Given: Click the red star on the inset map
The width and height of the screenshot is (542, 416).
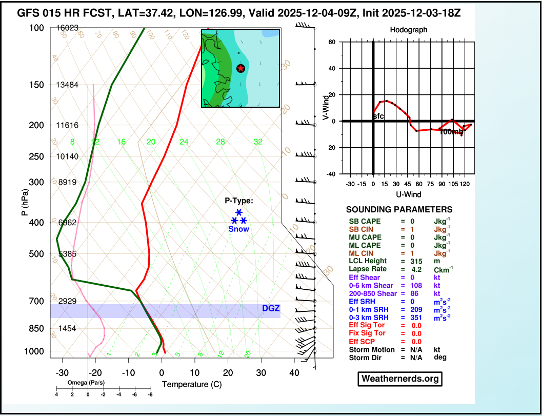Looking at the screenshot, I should click(240, 68).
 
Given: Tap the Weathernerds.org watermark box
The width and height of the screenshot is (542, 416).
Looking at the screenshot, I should click(399, 379).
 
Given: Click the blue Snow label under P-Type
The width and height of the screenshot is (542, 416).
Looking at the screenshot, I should click(239, 229).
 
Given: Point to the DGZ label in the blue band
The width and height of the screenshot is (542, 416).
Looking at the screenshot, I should click(271, 308).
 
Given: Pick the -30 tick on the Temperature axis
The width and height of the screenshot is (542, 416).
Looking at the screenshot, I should click(62, 373).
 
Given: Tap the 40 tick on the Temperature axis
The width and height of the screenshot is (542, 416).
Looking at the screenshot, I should click(294, 373).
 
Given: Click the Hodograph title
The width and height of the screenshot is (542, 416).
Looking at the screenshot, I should click(408, 30).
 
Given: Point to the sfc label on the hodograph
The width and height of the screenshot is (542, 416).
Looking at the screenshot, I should click(378, 116).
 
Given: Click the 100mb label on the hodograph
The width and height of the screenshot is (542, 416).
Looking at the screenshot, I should click(451, 132).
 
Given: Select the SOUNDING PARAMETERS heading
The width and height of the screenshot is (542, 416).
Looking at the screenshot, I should click(399, 210).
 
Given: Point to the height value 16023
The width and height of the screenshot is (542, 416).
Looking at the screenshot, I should click(67, 28).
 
